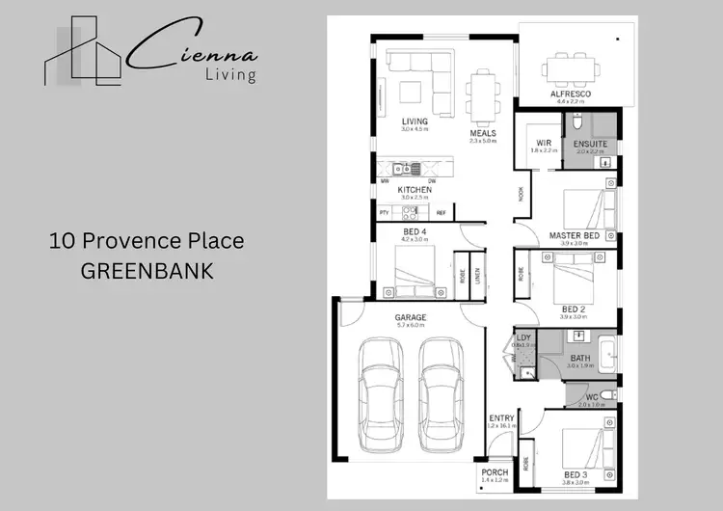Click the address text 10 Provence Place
coord(147,241)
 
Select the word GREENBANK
coord(147,271)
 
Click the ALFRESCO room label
coord(570,94)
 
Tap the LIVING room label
coord(415,121)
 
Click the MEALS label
coord(483,132)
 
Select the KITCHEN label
coord(415,190)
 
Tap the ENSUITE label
coord(590,144)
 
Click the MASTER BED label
coord(575,235)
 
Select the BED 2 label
coord(575,309)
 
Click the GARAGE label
coord(410,317)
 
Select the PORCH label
coord(495,472)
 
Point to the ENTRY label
coord(501,417)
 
